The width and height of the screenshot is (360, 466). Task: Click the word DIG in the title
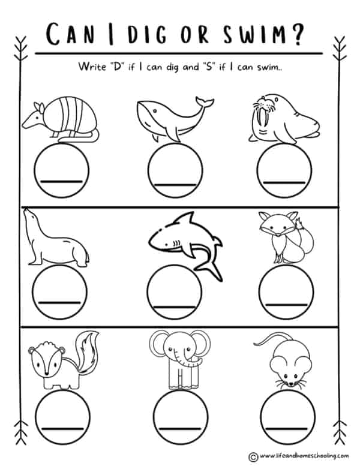pos(147,34)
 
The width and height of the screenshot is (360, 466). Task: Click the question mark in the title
pos(297,34)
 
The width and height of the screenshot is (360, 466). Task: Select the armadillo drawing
pos(61,119)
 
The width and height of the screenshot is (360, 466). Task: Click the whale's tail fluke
pos(205,102)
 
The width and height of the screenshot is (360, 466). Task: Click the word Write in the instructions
pos(92,67)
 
